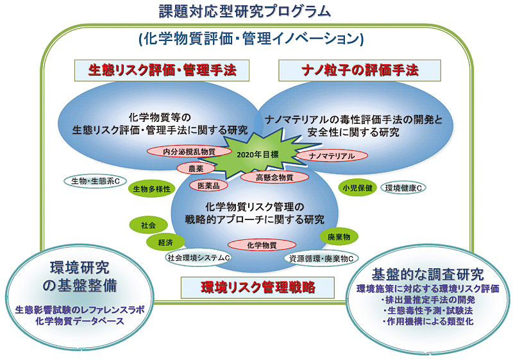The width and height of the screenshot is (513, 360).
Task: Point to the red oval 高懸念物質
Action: [x=274, y=177]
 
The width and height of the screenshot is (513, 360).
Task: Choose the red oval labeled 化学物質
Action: [x=262, y=244]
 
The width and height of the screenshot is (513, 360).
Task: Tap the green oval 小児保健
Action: [x=356, y=188]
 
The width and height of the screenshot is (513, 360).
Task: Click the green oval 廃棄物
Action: [x=338, y=237]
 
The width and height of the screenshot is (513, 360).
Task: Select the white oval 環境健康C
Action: [x=407, y=188]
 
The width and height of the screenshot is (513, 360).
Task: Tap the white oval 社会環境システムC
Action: [x=199, y=257]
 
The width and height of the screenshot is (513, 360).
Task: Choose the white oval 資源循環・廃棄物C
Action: [x=320, y=258]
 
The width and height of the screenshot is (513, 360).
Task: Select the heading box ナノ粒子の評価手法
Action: [x=360, y=69]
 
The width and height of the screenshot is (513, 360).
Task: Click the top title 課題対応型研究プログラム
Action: [x=246, y=11]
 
